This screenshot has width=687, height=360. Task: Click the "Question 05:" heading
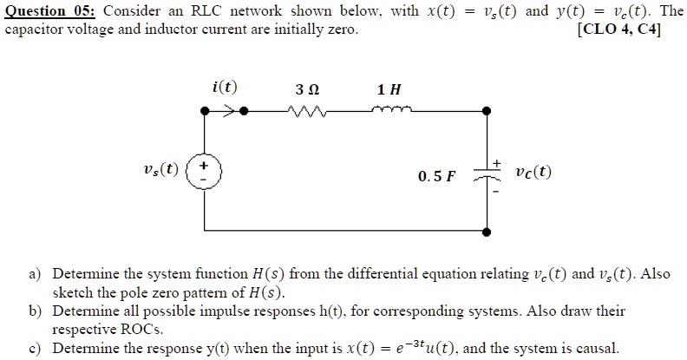52,11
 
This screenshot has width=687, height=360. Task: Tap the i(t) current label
225,88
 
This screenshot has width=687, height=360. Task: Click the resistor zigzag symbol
308,111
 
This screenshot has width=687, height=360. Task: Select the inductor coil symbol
388,110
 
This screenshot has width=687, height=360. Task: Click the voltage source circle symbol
206,169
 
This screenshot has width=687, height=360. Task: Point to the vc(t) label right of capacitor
531,172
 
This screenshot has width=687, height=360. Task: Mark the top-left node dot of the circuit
206,111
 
